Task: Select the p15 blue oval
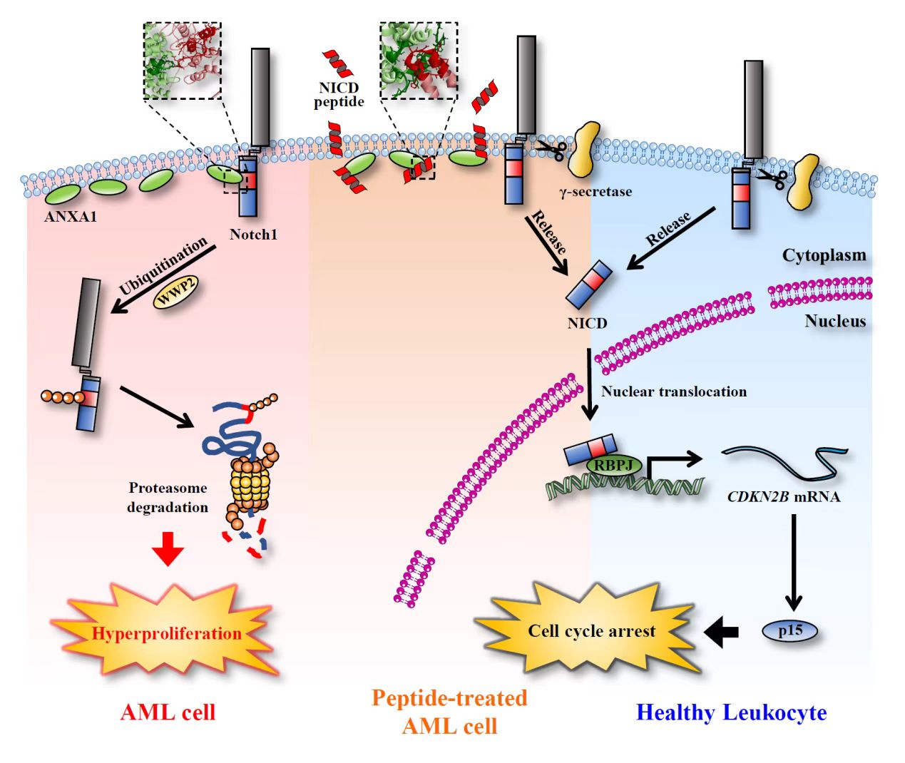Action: (790, 630)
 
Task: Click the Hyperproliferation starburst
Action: (166, 633)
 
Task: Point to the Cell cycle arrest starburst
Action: (590, 631)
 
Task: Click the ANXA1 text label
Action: (71, 217)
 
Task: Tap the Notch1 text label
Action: (253, 235)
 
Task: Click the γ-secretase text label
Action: (595, 191)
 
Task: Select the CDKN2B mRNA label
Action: (784, 497)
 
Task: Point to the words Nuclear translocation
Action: (674, 391)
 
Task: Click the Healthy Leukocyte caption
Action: (731, 712)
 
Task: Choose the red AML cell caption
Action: (168, 712)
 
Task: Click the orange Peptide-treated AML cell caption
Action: (449, 712)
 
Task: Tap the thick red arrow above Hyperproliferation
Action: (168, 548)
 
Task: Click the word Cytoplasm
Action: (824, 255)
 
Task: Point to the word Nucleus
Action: (835, 321)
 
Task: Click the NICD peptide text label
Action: (339, 95)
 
